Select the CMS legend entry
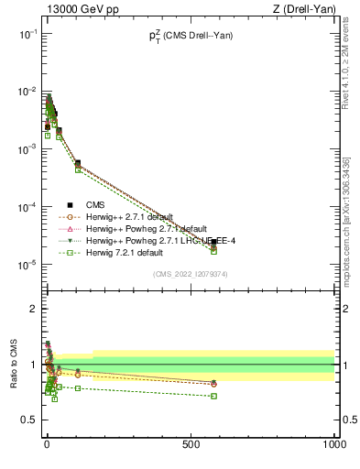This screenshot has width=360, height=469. click(x=95, y=204)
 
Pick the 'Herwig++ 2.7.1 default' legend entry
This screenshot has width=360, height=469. click(x=134, y=216)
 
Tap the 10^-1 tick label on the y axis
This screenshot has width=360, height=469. click(x=26, y=34)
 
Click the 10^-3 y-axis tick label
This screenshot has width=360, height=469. click(x=26, y=149)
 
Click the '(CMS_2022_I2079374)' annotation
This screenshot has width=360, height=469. click(x=190, y=273)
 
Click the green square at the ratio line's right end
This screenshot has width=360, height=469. click(x=213, y=396)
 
